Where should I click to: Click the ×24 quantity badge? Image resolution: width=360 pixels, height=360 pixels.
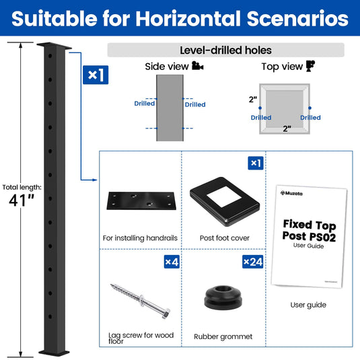point(252,262)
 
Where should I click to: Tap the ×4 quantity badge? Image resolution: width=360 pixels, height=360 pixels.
point(172,262)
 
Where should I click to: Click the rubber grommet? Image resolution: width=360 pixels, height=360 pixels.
point(223,297)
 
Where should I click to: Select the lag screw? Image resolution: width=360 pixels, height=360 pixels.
point(141,301)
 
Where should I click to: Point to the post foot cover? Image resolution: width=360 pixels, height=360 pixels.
point(225,201)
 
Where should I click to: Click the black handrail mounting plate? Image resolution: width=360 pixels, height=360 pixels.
point(141,201)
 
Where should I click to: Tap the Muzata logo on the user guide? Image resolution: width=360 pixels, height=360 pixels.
point(291,193)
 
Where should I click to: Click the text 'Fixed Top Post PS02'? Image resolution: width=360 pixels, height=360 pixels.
point(310,231)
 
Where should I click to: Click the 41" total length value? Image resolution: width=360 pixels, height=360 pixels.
point(22,201)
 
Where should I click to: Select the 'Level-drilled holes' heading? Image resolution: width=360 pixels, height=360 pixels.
point(225,50)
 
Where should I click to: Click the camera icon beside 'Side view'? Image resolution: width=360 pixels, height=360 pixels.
point(197,66)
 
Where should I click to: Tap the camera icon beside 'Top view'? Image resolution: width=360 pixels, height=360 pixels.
point(310,66)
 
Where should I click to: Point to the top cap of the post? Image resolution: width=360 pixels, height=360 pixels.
point(55,46)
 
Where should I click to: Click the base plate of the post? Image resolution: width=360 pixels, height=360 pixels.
point(54,353)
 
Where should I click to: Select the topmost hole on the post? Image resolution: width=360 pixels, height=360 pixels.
point(50,56)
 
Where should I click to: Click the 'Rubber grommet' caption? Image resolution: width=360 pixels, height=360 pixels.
point(223,336)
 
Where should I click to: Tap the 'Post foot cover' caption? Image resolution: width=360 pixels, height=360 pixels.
point(225,238)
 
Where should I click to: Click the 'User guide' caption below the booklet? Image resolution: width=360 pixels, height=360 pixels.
point(308,305)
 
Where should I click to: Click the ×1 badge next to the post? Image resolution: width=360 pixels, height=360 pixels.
point(96,75)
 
